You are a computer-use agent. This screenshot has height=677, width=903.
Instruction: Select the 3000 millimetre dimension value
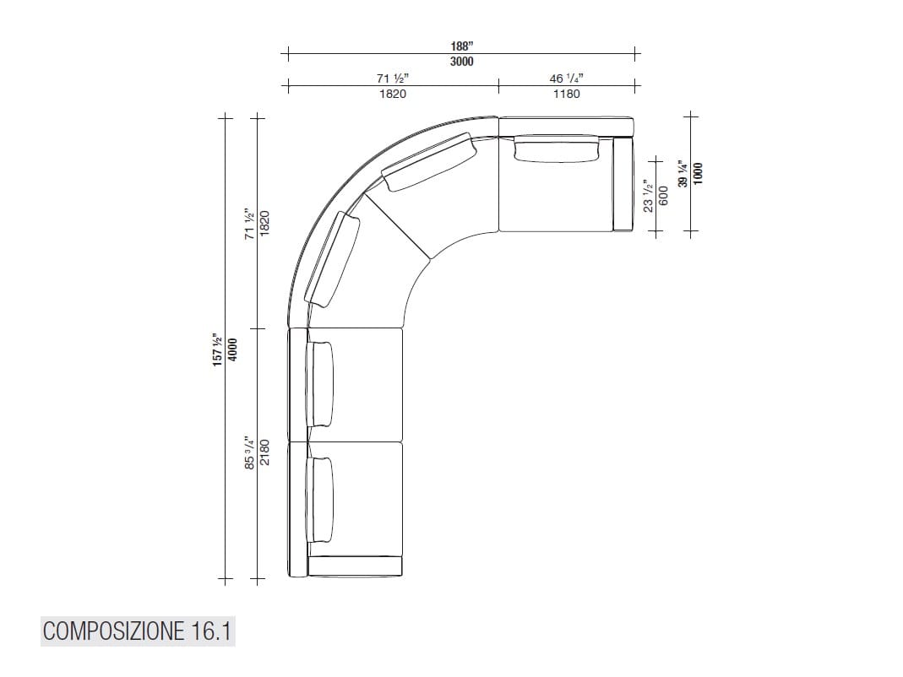pos(462,62)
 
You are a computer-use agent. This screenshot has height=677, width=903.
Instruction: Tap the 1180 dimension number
pos(566,94)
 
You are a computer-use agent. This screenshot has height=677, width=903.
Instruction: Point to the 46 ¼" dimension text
pos(566,79)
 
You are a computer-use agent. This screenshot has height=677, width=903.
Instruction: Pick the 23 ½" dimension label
pos(648,194)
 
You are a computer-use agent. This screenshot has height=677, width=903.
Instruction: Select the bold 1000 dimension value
pos(697,173)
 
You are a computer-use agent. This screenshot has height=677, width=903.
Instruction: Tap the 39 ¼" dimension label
pos(682,173)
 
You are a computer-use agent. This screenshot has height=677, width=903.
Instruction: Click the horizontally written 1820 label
pos(392,94)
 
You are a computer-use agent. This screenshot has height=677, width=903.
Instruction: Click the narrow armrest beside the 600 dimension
pos(623,184)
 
